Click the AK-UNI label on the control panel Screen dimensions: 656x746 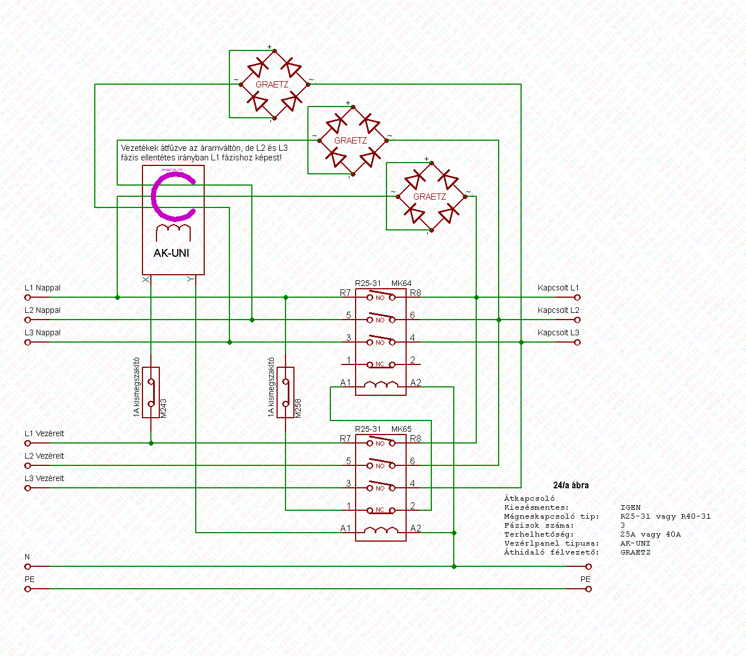point(171,253)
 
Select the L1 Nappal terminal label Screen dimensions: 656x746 point(43,288)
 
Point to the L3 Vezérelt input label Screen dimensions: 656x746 point(44,478)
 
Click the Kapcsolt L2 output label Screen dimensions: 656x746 point(558,310)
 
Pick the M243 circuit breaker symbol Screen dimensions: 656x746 point(151,392)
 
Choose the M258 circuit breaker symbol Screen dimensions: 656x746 point(285,392)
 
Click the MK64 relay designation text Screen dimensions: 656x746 point(401,283)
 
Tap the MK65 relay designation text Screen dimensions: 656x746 point(401,429)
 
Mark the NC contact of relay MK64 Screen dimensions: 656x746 point(380,364)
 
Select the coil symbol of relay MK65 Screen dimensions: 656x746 point(381,530)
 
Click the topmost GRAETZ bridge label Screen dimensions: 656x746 point(272,85)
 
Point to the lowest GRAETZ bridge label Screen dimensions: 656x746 point(430,197)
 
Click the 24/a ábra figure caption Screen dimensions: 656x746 point(570,486)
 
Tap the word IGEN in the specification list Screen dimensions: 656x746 point(630,507)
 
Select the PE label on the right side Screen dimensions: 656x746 point(586,579)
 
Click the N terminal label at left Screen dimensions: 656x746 point(27,557)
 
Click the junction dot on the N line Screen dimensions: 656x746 point(454,566)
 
